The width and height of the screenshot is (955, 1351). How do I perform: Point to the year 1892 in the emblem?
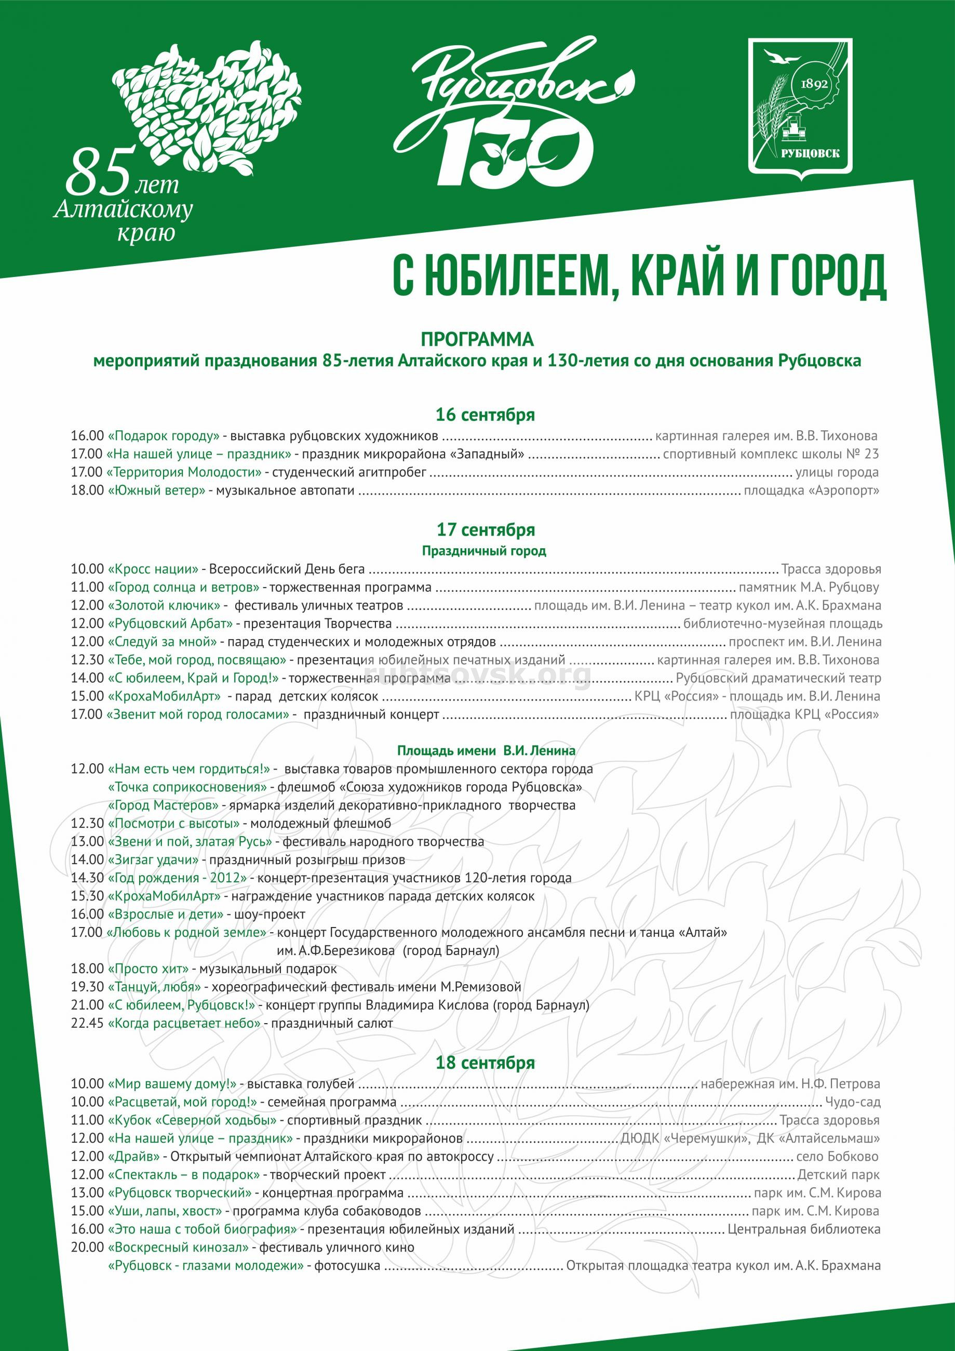coord(814,84)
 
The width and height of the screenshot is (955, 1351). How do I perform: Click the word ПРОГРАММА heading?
coord(477,339)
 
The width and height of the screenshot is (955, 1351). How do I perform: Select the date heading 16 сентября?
coord(485,415)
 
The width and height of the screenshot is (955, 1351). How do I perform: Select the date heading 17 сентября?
coord(486,529)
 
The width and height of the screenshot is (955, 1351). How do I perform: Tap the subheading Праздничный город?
coord(484,551)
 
